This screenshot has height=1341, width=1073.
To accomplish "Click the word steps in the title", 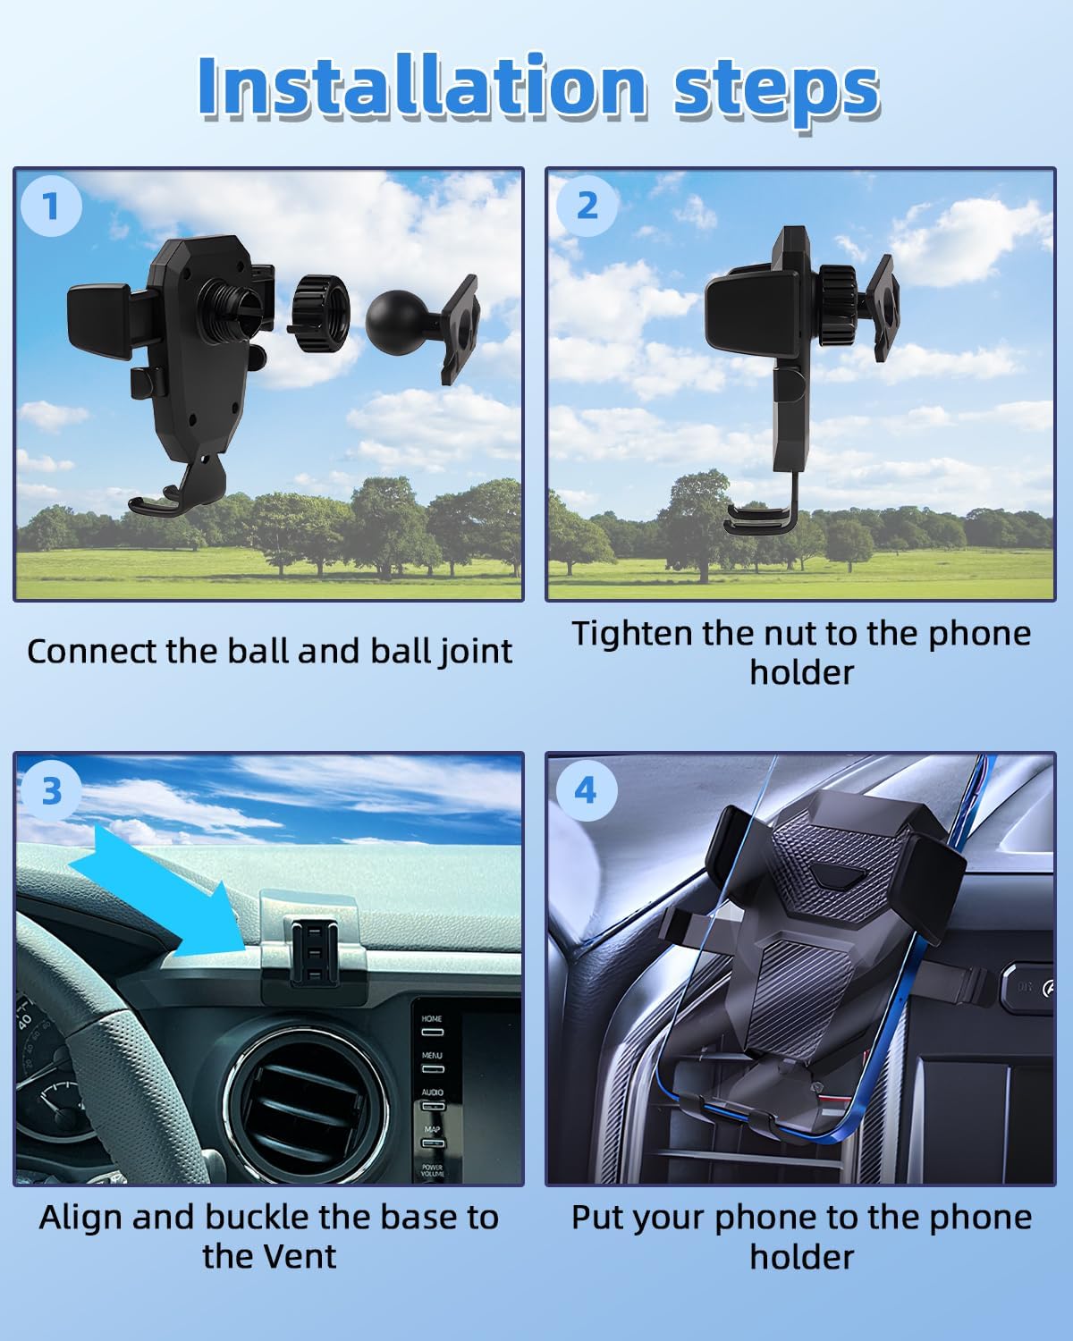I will pos(775,89).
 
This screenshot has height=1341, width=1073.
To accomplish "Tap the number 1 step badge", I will pos(51,207).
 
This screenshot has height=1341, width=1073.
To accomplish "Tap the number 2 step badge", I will pos(587,206).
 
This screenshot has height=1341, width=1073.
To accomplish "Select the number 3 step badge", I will pos(51,791).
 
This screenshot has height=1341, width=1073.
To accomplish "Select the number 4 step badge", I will pos(585,790).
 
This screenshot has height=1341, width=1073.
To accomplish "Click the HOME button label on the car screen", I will pos(432,1018).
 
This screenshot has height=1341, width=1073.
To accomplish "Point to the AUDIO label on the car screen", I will pos(433,1092).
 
